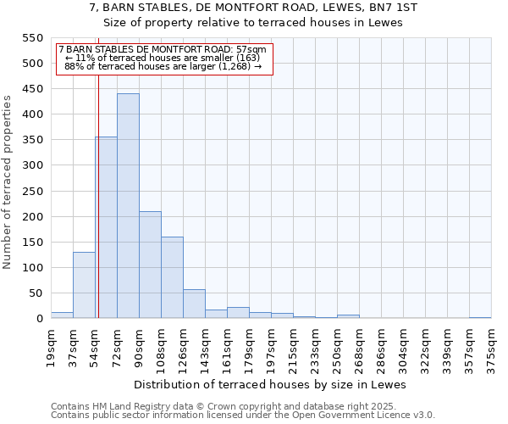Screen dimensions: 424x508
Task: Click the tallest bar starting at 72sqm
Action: (x=128, y=206)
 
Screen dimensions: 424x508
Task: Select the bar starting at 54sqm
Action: (x=107, y=227)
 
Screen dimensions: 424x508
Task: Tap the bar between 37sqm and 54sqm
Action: (x=84, y=285)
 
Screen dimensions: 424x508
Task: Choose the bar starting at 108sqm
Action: (x=172, y=277)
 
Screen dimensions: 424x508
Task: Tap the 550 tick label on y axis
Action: (x=31, y=38)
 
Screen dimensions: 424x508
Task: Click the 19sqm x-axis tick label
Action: (x=51, y=347)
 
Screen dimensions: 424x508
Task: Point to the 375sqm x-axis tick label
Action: (x=491, y=347)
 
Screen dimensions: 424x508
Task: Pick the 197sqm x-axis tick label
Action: (x=271, y=347)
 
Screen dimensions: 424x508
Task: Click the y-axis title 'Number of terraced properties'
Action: (x=8, y=181)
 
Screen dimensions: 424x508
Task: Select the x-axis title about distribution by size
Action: (x=270, y=384)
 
